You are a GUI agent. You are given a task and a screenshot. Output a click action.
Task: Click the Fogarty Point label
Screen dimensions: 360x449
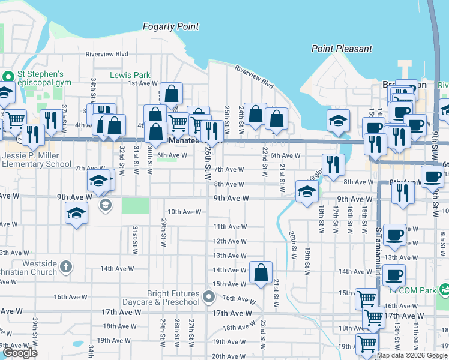(x=170, y=27)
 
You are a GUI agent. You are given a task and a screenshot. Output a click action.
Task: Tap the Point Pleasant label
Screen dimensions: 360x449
(x=342, y=49)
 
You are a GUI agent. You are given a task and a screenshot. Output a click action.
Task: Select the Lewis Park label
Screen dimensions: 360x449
(x=130, y=75)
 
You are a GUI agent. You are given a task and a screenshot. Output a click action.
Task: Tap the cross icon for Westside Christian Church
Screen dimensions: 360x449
(x=66, y=265)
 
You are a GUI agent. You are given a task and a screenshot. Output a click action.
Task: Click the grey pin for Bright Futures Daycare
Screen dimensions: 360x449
(x=208, y=297)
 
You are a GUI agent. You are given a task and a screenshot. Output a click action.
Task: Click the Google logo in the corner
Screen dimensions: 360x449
(x=20, y=353)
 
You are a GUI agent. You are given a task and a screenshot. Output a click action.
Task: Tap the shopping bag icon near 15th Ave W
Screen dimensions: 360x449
(x=261, y=272)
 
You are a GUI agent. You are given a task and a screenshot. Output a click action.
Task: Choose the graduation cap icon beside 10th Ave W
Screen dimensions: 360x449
(x=76, y=214)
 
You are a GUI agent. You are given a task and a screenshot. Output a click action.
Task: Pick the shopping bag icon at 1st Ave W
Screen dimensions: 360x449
(x=171, y=94)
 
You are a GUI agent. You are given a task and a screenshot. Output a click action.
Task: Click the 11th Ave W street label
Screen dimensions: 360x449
(x=231, y=227)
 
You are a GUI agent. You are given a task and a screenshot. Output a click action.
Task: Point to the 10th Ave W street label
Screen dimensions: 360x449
(x=184, y=212)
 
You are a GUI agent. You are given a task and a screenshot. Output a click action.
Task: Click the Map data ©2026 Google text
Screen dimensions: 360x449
(x=411, y=355)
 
